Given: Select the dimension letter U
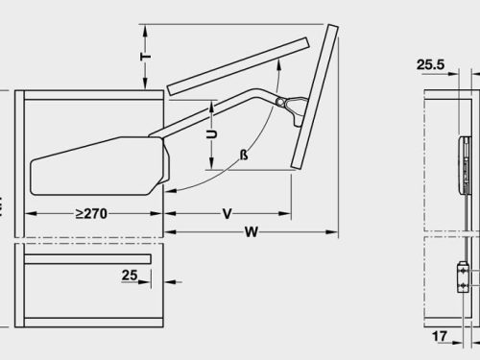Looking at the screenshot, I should click(213, 135).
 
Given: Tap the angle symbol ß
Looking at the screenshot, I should click(244, 155).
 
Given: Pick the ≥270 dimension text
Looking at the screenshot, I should click(92, 213).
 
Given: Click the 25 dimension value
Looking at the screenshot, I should click(130, 276).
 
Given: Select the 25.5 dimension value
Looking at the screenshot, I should click(430, 65).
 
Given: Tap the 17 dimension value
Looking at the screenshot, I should click(439, 337).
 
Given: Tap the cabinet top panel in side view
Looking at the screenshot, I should click(92, 95).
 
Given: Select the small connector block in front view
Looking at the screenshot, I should click(463, 280).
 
